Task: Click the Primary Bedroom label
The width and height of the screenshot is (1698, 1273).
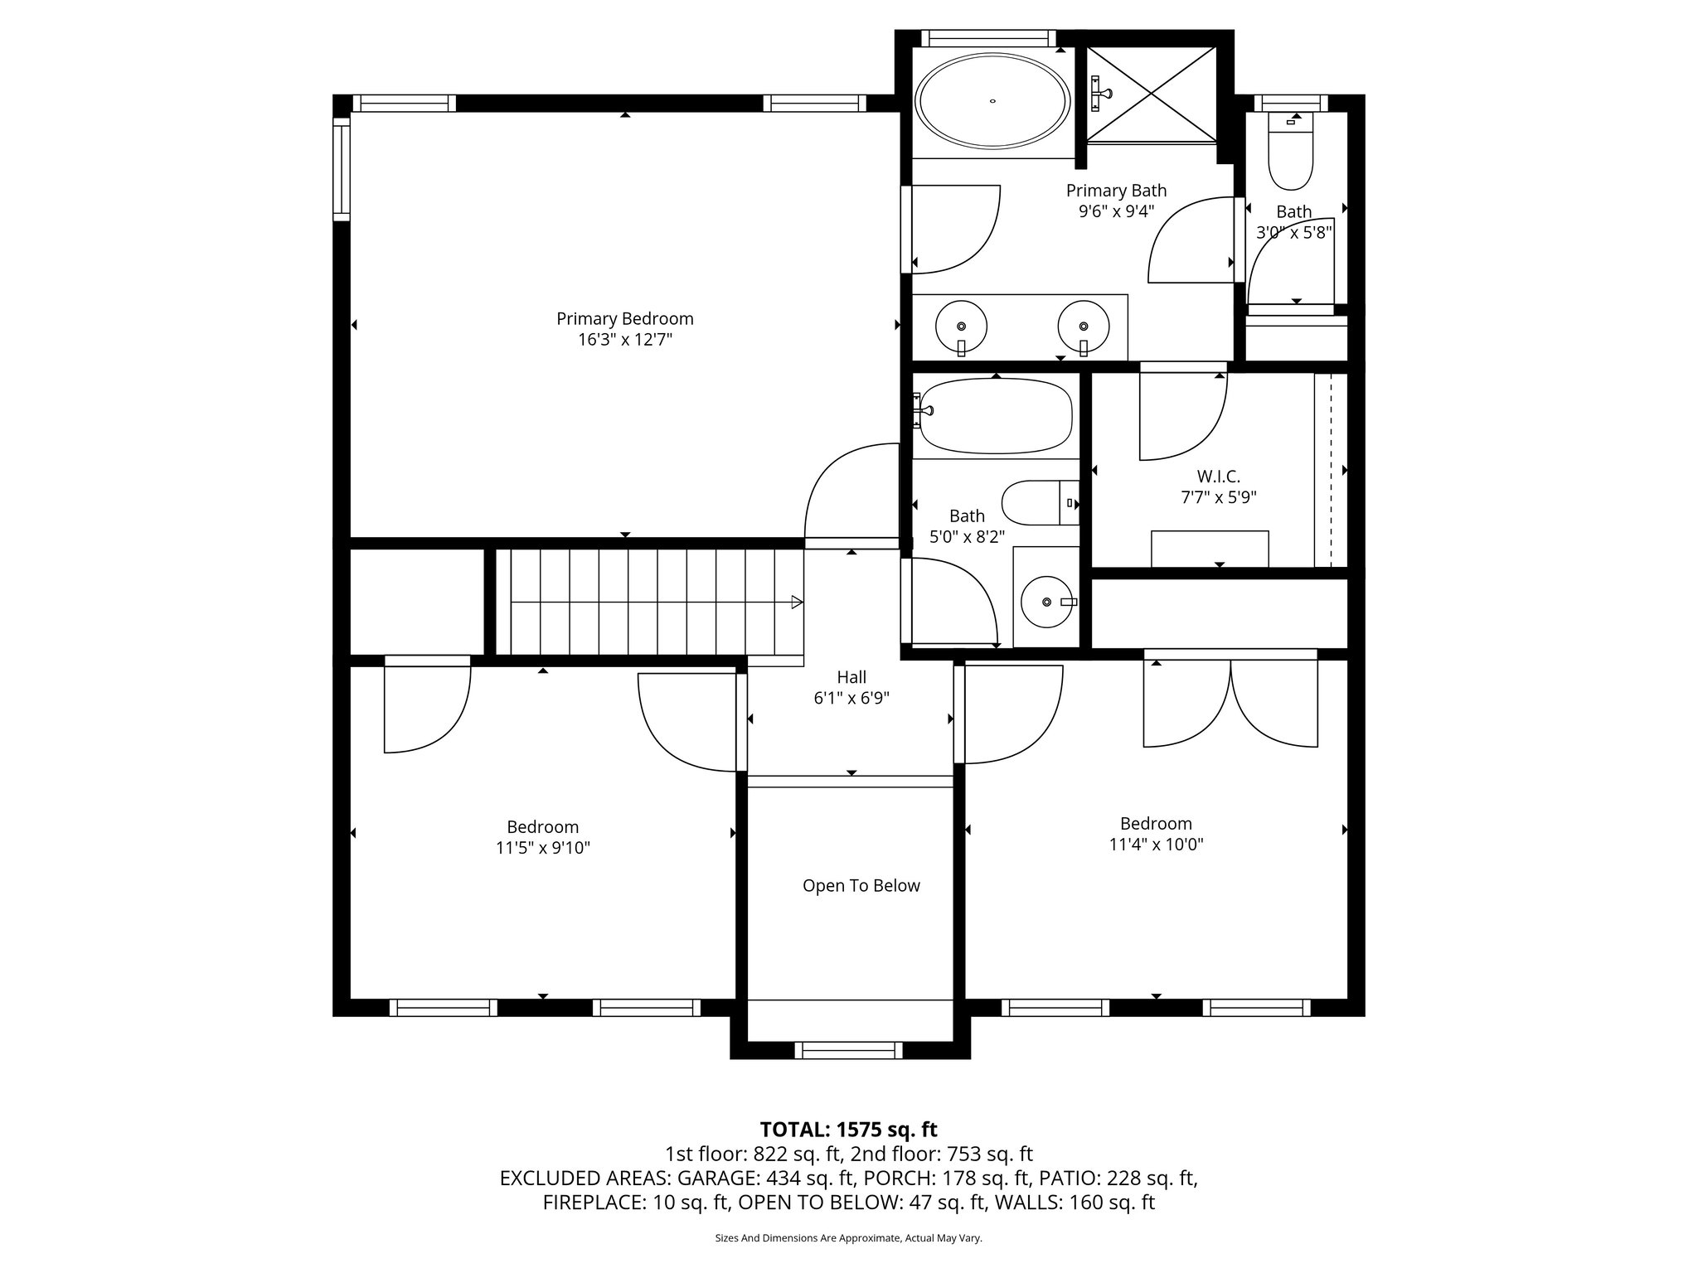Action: [624, 319]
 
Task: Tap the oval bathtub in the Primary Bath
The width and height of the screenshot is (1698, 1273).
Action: [992, 101]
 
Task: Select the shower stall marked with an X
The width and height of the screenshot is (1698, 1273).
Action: [1152, 94]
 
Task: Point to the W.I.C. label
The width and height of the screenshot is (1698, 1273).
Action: [1218, 477]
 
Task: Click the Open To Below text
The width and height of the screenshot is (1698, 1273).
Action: [861, 886]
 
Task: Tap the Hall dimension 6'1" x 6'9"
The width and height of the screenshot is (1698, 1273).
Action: [851, 698]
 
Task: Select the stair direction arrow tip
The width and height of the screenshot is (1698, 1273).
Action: [798, 602]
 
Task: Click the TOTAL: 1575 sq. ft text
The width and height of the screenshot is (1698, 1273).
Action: [848, 1130]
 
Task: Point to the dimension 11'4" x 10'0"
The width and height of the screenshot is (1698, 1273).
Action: [1156, 845]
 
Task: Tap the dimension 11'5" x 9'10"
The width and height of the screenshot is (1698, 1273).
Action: [543, 848]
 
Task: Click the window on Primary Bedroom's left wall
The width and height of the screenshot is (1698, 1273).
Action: [342, 168]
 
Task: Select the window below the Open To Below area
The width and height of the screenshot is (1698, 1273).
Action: [848, 1050]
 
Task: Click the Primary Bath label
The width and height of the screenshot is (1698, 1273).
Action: [1116, 191]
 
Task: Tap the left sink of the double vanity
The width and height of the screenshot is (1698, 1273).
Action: [961, 326]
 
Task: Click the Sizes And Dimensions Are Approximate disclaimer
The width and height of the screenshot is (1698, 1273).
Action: [848, 1238]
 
